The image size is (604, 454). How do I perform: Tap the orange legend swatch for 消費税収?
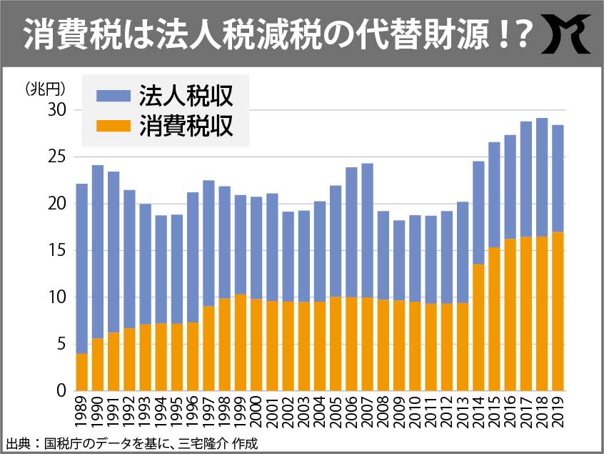pyautogui.click(x=111, y=126)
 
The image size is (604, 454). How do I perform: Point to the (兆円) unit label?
pyautogui.click(x=45, y=89)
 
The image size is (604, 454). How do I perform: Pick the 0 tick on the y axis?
pyautogui.click(x=61, y=391)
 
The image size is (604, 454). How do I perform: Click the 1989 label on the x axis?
pyautogui.click(x=82, y=413)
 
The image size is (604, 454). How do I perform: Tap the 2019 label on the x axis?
pyautogui.click(x=558, y=413)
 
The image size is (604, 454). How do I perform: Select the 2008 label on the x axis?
pyautogui.click(x=383, y=413)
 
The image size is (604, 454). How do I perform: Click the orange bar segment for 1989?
pyautogui.click(x=82, y=372)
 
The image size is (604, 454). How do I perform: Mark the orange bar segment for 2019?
pyautogui.click(x=558, y=311)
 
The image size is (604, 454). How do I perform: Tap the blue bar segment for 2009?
pyautogui.click(x=399, y=260)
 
